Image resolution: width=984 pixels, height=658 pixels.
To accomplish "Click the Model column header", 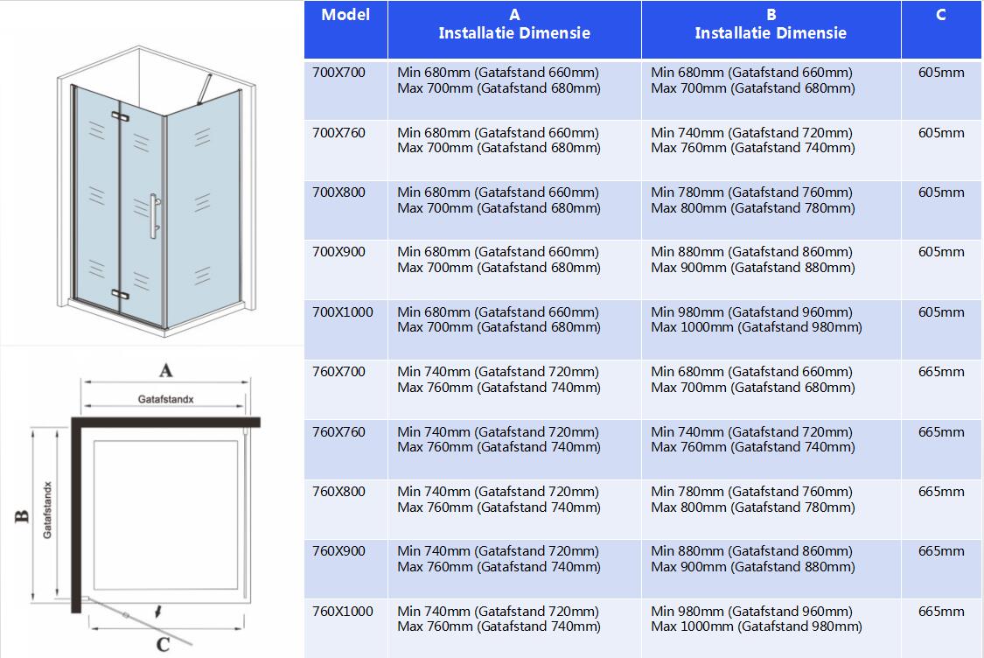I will pos(345,15).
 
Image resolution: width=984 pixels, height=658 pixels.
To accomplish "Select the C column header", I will pos(940,15).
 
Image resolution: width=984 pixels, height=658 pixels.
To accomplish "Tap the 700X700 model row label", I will pos(338,73).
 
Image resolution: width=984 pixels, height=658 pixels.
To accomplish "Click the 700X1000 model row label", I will pos(342,312).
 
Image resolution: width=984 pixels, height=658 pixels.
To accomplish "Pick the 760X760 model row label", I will pos(338,432).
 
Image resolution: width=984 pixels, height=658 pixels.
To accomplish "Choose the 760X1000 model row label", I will pos(342,612).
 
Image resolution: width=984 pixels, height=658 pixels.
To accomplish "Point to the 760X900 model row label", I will pos(338,551).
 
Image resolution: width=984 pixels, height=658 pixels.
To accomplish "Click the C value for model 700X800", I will pos(941,192).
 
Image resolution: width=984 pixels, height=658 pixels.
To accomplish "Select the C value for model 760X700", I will pos(941,372).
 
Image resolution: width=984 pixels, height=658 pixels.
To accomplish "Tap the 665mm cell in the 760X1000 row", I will pos(941,612).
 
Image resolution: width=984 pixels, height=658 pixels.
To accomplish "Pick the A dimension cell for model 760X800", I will pos(499,500).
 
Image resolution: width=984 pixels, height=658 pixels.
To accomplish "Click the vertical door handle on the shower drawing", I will pos(153,215).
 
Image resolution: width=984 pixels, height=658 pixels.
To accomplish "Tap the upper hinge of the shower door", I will pos(119,116).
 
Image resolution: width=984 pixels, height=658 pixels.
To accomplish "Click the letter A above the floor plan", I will pos(165,371).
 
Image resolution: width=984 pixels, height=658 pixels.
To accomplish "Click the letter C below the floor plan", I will pos(163,645).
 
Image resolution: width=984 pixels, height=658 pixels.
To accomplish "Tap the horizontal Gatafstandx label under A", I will pos(165,399).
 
